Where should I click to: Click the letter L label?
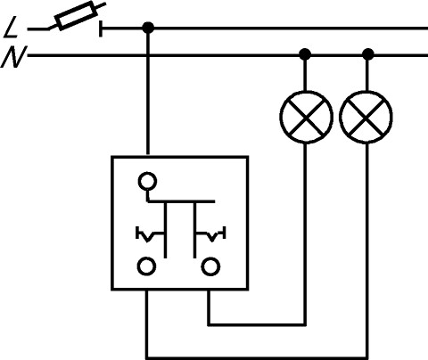[x=12, y=28]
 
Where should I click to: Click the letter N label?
[x=13, y=56]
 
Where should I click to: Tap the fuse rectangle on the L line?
[x=78, y=15]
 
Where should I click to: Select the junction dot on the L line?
[x=148, y=28]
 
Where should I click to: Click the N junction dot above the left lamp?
[x=305, y=54]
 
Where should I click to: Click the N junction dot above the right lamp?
[x=368, y=54]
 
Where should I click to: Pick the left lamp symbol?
[x=306, y=117]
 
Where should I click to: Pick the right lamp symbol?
[x=366, y=117]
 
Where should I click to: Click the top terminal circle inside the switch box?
[x=147, y=181]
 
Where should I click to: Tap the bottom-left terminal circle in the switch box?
[x=146, y=266]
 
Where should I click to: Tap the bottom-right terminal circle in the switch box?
[x=210, y=266]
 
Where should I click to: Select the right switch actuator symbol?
[x=211, y=234]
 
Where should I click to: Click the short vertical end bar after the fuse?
[x=101, y=29]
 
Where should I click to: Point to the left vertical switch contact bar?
[x=166, y=230]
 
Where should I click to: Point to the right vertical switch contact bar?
[x=194, y=230]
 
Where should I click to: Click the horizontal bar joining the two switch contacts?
[x=181, y=201]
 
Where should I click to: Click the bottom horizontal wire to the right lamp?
[x=257, y=357]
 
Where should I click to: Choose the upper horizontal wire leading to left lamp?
[x=257, y=324]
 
